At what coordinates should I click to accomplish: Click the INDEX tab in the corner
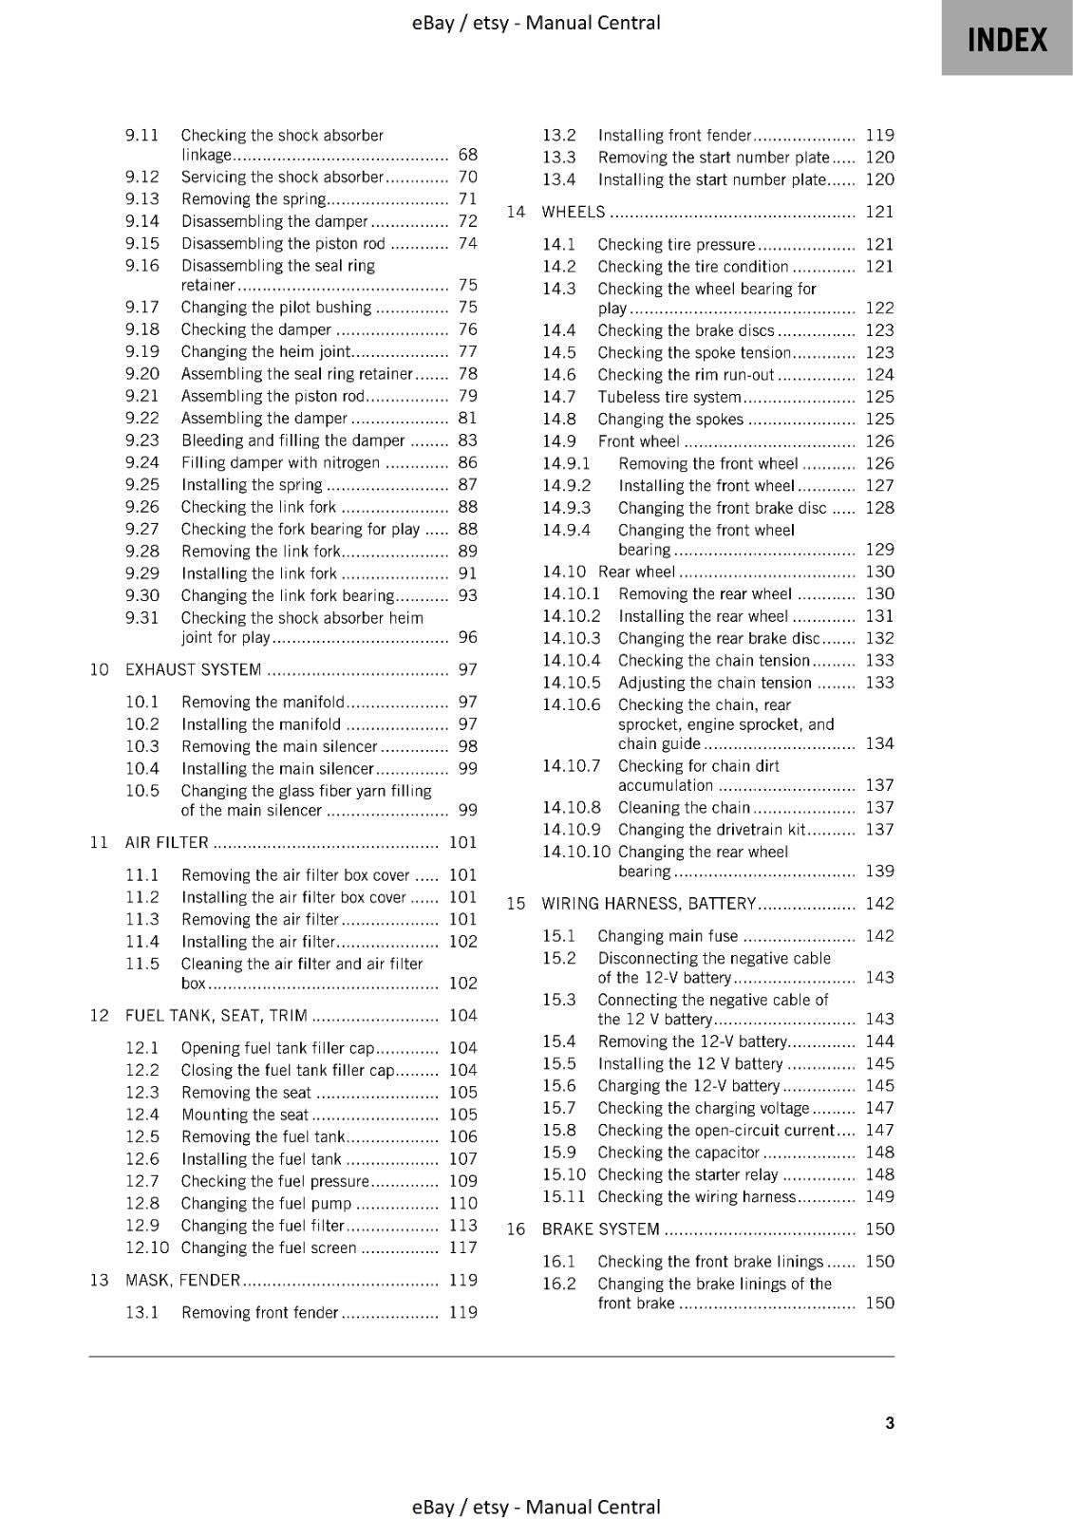1007,39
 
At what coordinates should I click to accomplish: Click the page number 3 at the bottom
889,1422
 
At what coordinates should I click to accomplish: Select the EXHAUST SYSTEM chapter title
193,669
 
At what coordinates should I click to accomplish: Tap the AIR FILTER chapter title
167,842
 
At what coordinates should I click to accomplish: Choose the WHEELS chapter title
573,212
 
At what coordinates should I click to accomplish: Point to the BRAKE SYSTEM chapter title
600,1228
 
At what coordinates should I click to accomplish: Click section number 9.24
142,462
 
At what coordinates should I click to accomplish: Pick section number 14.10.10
576,852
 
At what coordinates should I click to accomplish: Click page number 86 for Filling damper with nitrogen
467,462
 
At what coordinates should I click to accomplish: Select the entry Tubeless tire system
669,397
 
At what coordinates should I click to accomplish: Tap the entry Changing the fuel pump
266,1203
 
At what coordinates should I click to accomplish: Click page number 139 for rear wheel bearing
879,871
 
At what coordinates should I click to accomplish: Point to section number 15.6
559,1085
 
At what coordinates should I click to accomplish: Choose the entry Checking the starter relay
687,1174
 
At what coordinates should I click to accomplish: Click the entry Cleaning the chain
684,807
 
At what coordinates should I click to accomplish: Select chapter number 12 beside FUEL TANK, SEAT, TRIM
100,1015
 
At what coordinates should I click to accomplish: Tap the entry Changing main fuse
668,935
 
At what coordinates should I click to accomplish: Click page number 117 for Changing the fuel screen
462,1247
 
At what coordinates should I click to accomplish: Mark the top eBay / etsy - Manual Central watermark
536,22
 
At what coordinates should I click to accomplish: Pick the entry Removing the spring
254,198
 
